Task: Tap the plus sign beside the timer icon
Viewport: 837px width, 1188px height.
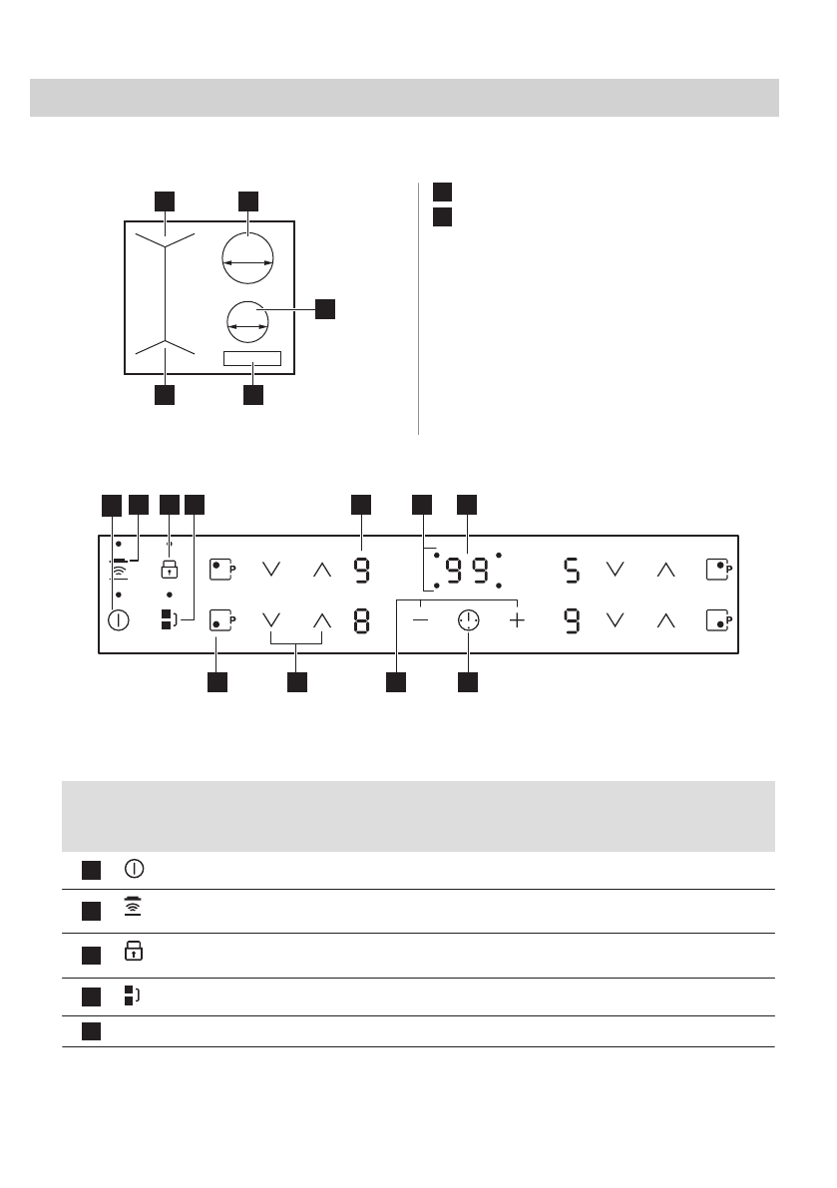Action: [x=516, y=620]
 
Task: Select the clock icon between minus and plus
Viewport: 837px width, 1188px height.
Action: [x=468, y=620]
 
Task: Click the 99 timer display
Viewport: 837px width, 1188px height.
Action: [x=468, y=570]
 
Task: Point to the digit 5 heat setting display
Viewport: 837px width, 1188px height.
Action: [x=571, y=570]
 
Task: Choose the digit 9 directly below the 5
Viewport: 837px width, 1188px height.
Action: [x=571, y=620]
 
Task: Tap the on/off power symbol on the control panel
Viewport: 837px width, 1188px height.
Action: [x=118, y=619]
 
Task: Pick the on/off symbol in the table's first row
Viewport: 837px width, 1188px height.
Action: [x=133, y=868]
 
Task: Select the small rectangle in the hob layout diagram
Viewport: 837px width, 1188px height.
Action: [x=251, y=359]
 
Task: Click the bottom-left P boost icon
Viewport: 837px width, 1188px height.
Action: [x=221, y=620]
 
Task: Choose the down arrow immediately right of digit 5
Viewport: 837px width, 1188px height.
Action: [x=615, y=570]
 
